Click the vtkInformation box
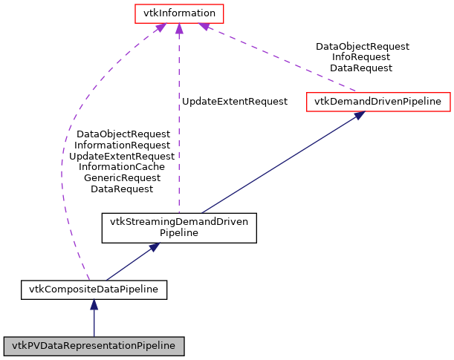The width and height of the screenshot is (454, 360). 178,13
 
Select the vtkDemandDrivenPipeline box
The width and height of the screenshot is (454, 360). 378,102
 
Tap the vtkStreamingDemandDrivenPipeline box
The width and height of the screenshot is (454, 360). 179,227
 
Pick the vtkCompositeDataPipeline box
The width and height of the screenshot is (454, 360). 94,289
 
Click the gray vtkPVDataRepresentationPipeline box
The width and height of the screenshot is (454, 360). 94,346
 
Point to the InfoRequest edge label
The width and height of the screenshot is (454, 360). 362,57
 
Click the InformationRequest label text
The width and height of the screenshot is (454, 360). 122,145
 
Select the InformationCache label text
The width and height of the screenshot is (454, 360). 122,167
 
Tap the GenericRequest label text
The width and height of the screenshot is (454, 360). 122,178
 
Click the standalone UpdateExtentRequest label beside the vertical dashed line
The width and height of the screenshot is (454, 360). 235,102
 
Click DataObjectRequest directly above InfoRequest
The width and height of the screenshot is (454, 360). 362,46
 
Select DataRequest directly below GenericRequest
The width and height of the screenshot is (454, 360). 122,189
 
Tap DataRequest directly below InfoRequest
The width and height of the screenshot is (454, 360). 362,68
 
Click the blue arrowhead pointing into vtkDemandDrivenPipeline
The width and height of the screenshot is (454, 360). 359,116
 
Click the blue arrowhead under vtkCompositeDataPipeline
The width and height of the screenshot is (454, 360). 94,304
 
